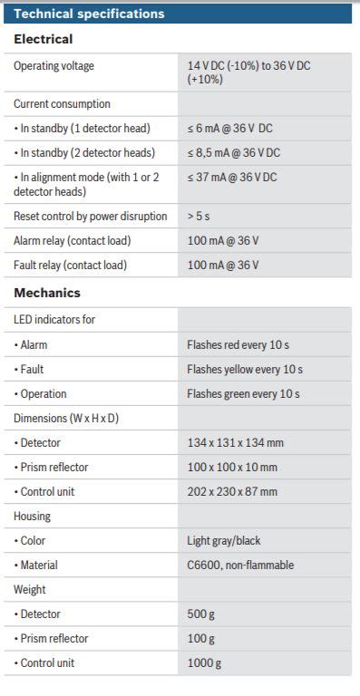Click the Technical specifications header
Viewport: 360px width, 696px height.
tap(90, 14)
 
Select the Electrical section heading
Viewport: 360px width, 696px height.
tap(44, 40)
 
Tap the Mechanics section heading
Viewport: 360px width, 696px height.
tap(47, 293)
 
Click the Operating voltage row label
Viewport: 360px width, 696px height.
tap(54, 66)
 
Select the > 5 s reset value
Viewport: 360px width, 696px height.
tap(199, 217)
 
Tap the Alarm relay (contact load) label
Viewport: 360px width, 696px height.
tap(72, 241)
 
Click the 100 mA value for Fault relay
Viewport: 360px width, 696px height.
tap(223, 266)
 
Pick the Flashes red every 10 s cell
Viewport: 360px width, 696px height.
tap(238, 345)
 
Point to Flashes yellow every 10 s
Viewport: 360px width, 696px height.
tap(245, 370)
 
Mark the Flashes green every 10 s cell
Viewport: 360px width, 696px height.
tap(243, 394)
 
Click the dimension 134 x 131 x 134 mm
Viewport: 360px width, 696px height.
tap(236, 443)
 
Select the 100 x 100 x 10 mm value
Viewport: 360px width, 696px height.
tap(232, 468)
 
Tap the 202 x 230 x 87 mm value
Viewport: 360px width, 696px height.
tap(232, 492)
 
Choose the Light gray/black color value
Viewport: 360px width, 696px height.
tap(224, 541)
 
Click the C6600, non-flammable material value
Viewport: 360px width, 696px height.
tap(240, 565)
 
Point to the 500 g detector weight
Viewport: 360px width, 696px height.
tap(201, 614)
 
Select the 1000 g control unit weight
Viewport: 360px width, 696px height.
tap(204, 663)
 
